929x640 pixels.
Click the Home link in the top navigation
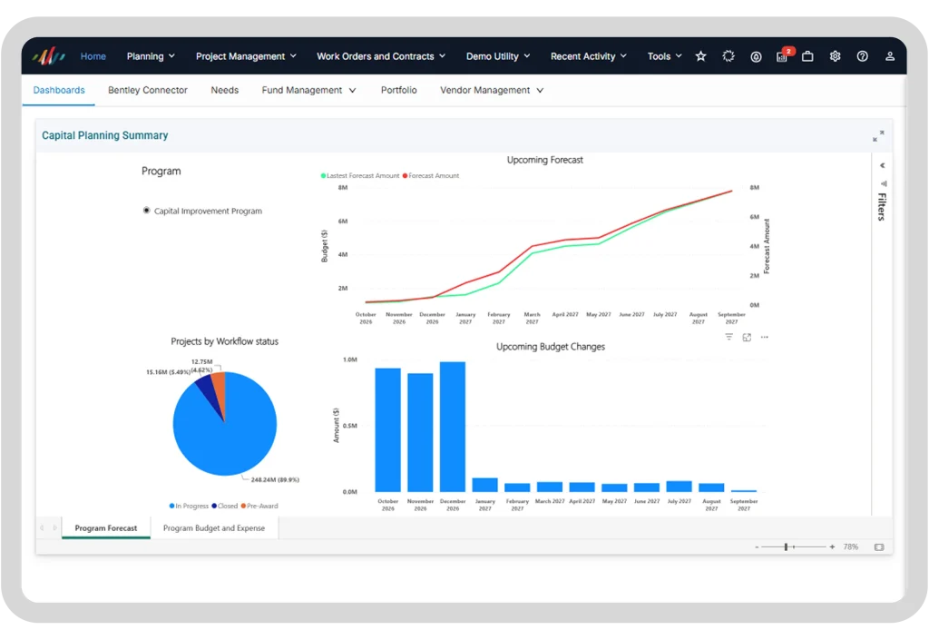(x=93, y=56)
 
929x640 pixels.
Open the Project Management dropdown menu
(x=246, y=56)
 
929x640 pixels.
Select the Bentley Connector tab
(x=148, y=90)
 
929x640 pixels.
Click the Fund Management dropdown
(x=308, y=90)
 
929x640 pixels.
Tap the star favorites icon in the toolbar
(x=701, y=56)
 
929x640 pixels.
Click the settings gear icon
(x=835, y=56)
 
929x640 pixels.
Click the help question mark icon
(x=862, y=56)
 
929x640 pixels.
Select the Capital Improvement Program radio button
(x=146, y=211)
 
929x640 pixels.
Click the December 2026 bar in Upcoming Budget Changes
(x=453, y=427)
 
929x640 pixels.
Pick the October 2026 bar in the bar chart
(x=388, y=430)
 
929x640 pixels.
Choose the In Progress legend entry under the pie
(x=189, y=506)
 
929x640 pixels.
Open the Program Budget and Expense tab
(x=214, y=528)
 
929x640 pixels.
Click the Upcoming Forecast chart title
(x=544, y=160)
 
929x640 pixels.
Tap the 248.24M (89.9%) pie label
(x=275, y=479)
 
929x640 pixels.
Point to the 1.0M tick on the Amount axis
(x=350, y=359)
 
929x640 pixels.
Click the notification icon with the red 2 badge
(x=783, y=55)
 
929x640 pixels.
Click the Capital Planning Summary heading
(x=105, y=135)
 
